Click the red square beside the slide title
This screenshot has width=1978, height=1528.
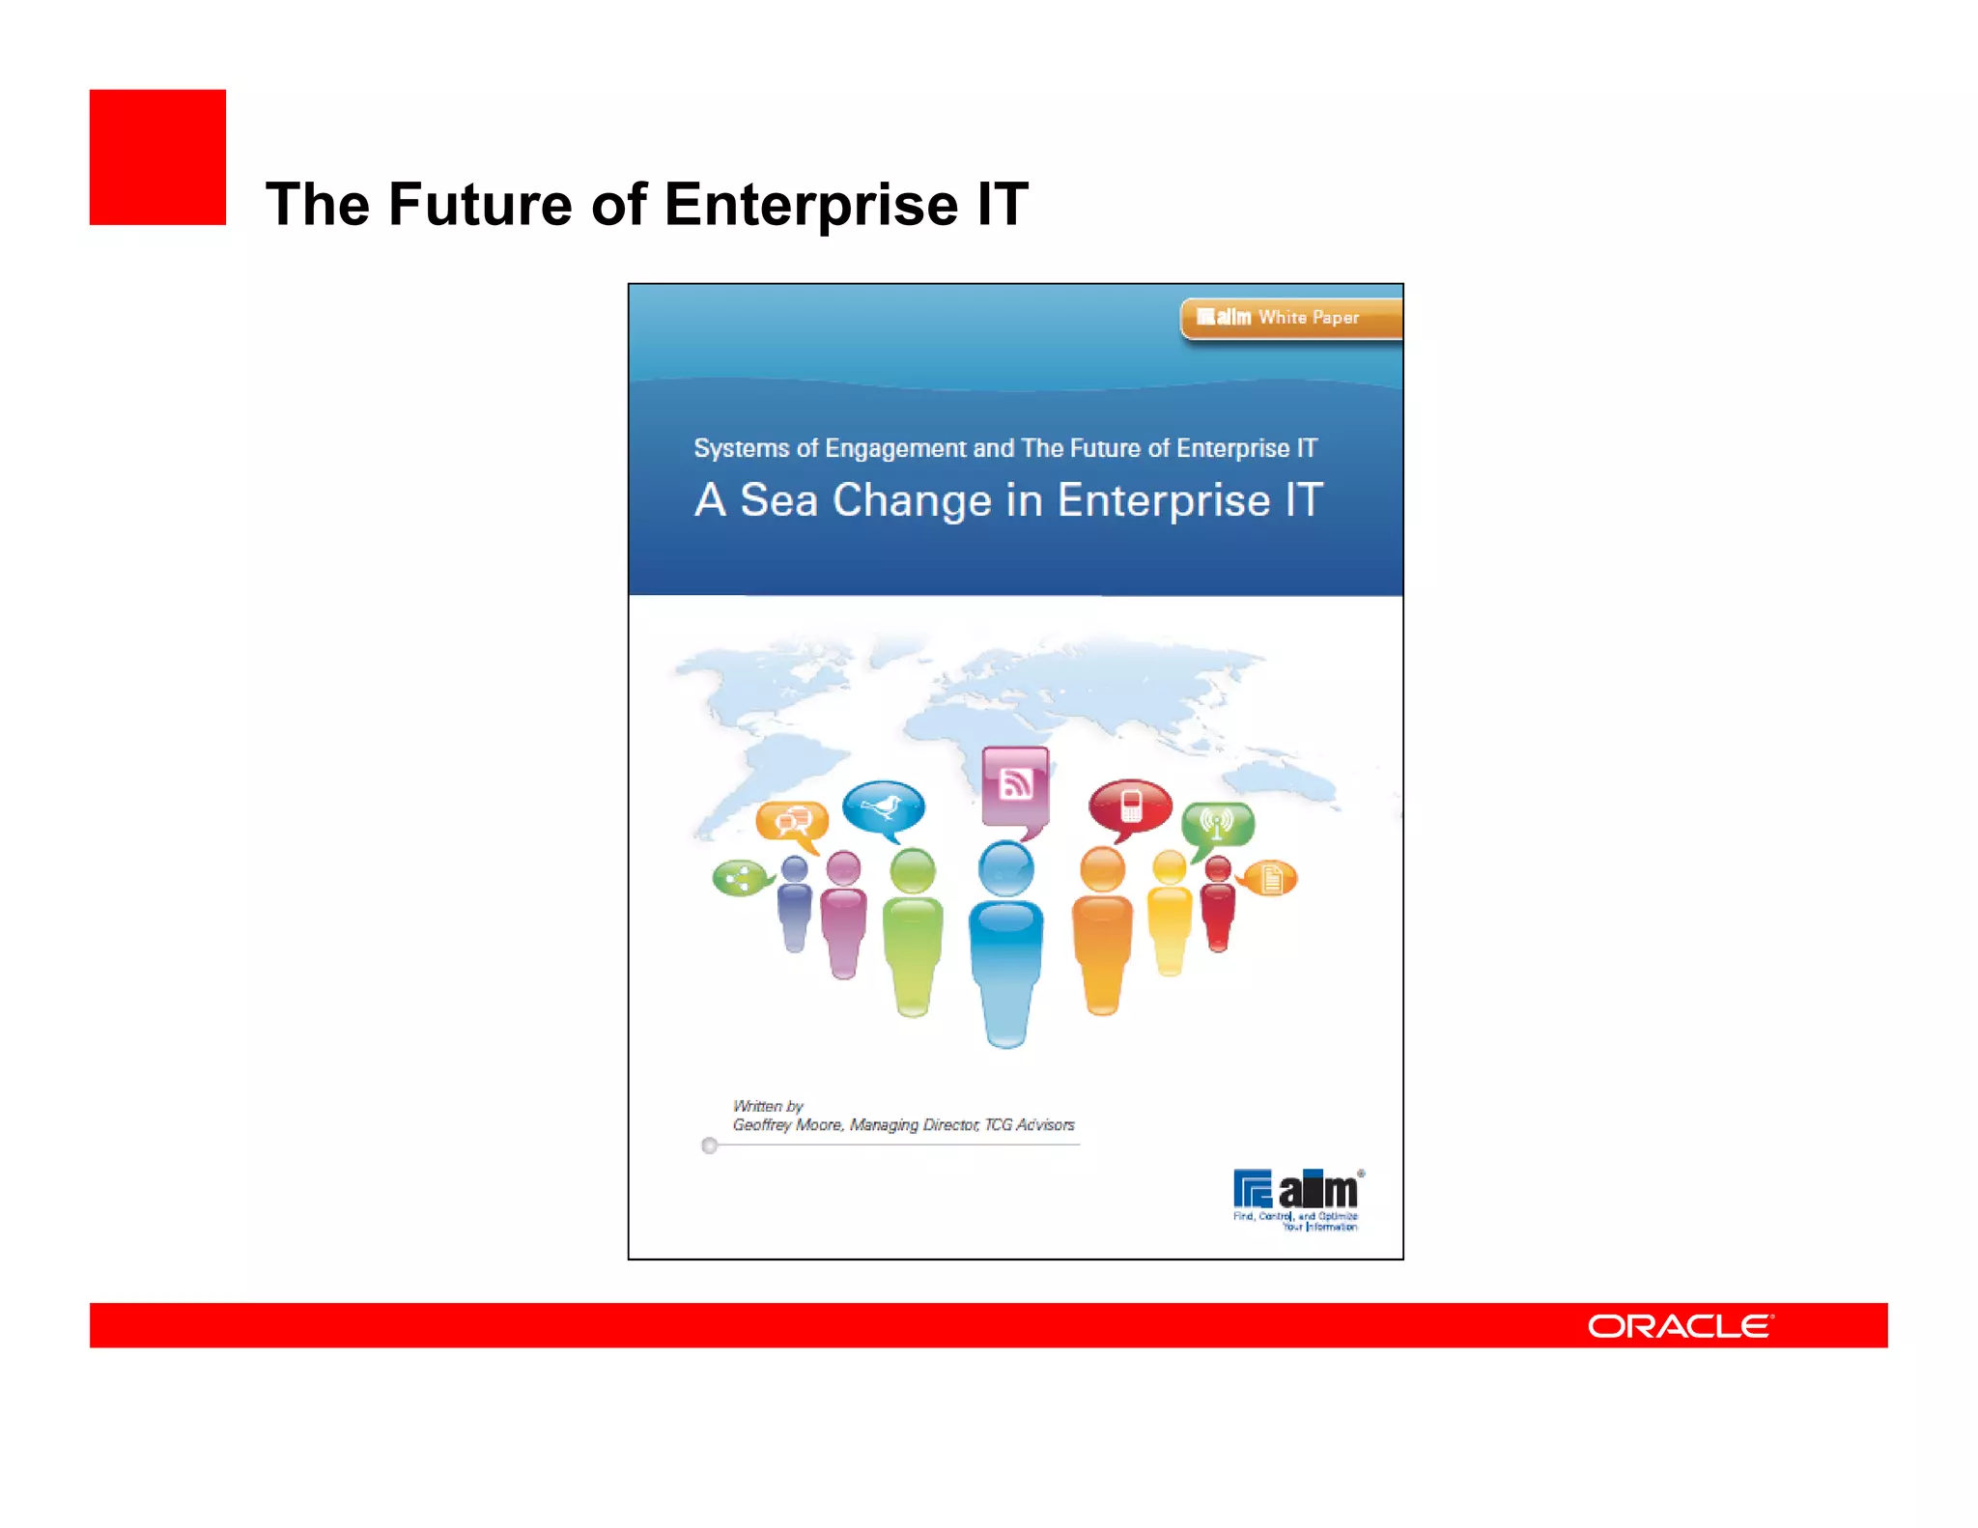pyautogui.click(x=157, y=157)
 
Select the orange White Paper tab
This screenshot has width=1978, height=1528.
pyautogui.click(x=1291, y=318)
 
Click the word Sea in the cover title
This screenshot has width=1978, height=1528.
pyautogui.click(x=778, y=500)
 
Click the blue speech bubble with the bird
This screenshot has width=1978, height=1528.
pyautogui.click(x=883, y=806)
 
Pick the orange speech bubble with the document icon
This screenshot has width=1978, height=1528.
pyautogui.click(x=1270, y=878)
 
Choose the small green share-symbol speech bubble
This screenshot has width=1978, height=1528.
pyautogui.click(x=740, y=878)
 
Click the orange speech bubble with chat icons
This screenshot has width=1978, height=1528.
pyautogui.click(x=792, y=822)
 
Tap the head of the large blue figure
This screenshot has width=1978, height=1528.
pyautogui.click(x=1005, y=867)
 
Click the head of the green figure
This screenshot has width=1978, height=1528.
pyautogui.click(x=912, y=870)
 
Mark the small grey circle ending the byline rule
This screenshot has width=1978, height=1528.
pyautogui.click(x=710, y=1146)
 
